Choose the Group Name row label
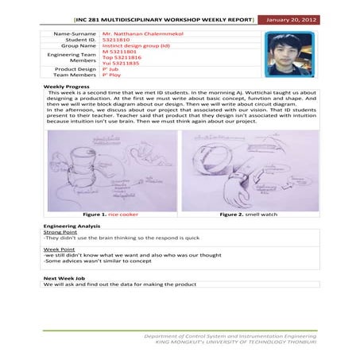(x=78, y=48)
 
